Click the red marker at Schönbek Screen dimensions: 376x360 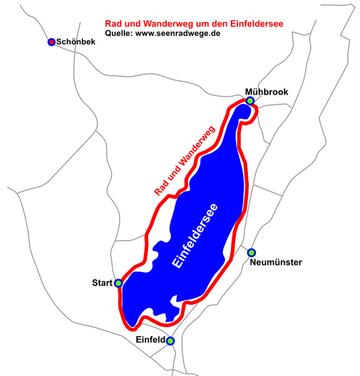(x=51, y=42)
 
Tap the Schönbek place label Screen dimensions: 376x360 (x=76, y=42)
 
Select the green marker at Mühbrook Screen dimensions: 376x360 (x=250, y=100)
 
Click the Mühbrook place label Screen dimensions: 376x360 (x=267, y=92)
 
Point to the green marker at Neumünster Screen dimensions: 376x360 (x=251, y=252)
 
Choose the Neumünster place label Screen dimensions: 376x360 (x=276, y=262)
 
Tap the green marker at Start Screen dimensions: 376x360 (x=118, y=283)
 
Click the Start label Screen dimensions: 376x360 (x=102, y=283)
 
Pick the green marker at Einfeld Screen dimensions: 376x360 (x=170, y=340)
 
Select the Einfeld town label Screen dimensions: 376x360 (x=151, y=339)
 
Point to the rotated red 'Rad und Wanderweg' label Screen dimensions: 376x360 (x=185, y=161)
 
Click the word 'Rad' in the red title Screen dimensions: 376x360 (x=112, y=24)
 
